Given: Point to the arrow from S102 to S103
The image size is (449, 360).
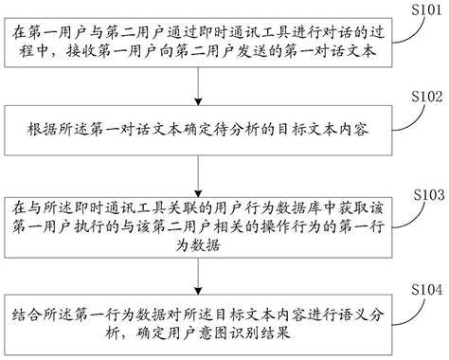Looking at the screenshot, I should click(x=198, y=171).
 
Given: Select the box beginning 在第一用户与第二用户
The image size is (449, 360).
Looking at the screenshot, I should click(x=198, y=44).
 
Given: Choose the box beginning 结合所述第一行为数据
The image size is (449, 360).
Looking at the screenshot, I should click(x=198, y=322).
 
